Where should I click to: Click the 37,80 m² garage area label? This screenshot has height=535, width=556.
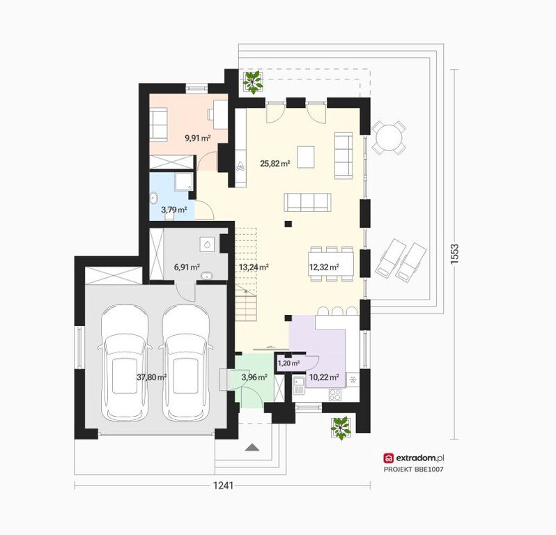152,378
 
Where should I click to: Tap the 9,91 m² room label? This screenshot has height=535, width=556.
198,138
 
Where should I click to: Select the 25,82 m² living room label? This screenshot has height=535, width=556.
275,164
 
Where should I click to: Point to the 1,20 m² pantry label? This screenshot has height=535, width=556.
288,363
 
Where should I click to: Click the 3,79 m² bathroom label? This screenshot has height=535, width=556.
174,210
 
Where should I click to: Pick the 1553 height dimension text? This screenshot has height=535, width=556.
454,254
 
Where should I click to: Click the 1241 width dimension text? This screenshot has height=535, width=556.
223,485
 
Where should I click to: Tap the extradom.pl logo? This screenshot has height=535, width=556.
413,458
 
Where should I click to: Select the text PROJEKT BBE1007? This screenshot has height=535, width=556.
414,470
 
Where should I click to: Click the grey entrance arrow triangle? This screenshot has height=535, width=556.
252,447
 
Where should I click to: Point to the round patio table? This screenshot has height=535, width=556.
389,137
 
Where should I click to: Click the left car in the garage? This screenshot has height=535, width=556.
124,363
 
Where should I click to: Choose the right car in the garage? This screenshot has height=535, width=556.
185,363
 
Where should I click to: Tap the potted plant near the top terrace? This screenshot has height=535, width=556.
252,82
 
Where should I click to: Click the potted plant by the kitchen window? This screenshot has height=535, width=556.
341,428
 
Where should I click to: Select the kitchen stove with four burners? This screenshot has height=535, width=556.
335,394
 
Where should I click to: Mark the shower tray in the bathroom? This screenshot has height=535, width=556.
184,181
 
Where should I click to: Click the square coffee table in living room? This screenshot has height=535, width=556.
306,157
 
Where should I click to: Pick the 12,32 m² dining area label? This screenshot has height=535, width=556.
324,267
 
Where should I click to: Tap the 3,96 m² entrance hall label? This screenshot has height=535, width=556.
254,378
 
